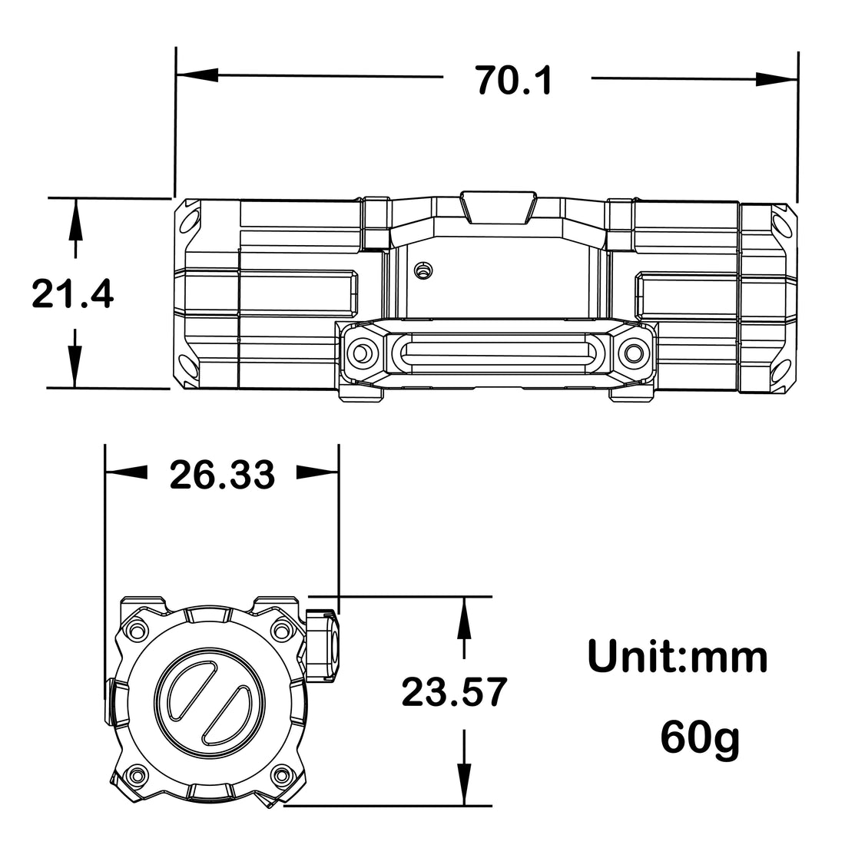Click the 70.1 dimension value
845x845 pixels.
(514, 80)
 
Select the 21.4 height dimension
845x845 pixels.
(73, 293)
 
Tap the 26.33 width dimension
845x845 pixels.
(222, 475)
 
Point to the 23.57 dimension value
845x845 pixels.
(455, 692)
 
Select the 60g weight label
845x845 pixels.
(700, 739)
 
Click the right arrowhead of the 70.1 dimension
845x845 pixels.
(776, 78)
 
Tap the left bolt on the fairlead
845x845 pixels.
(360, 353)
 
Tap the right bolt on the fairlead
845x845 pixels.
(634, 353)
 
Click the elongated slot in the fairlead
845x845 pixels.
(497, 353)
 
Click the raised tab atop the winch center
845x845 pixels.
(497, 207)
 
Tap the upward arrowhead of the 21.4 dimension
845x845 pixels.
(75, 217)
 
